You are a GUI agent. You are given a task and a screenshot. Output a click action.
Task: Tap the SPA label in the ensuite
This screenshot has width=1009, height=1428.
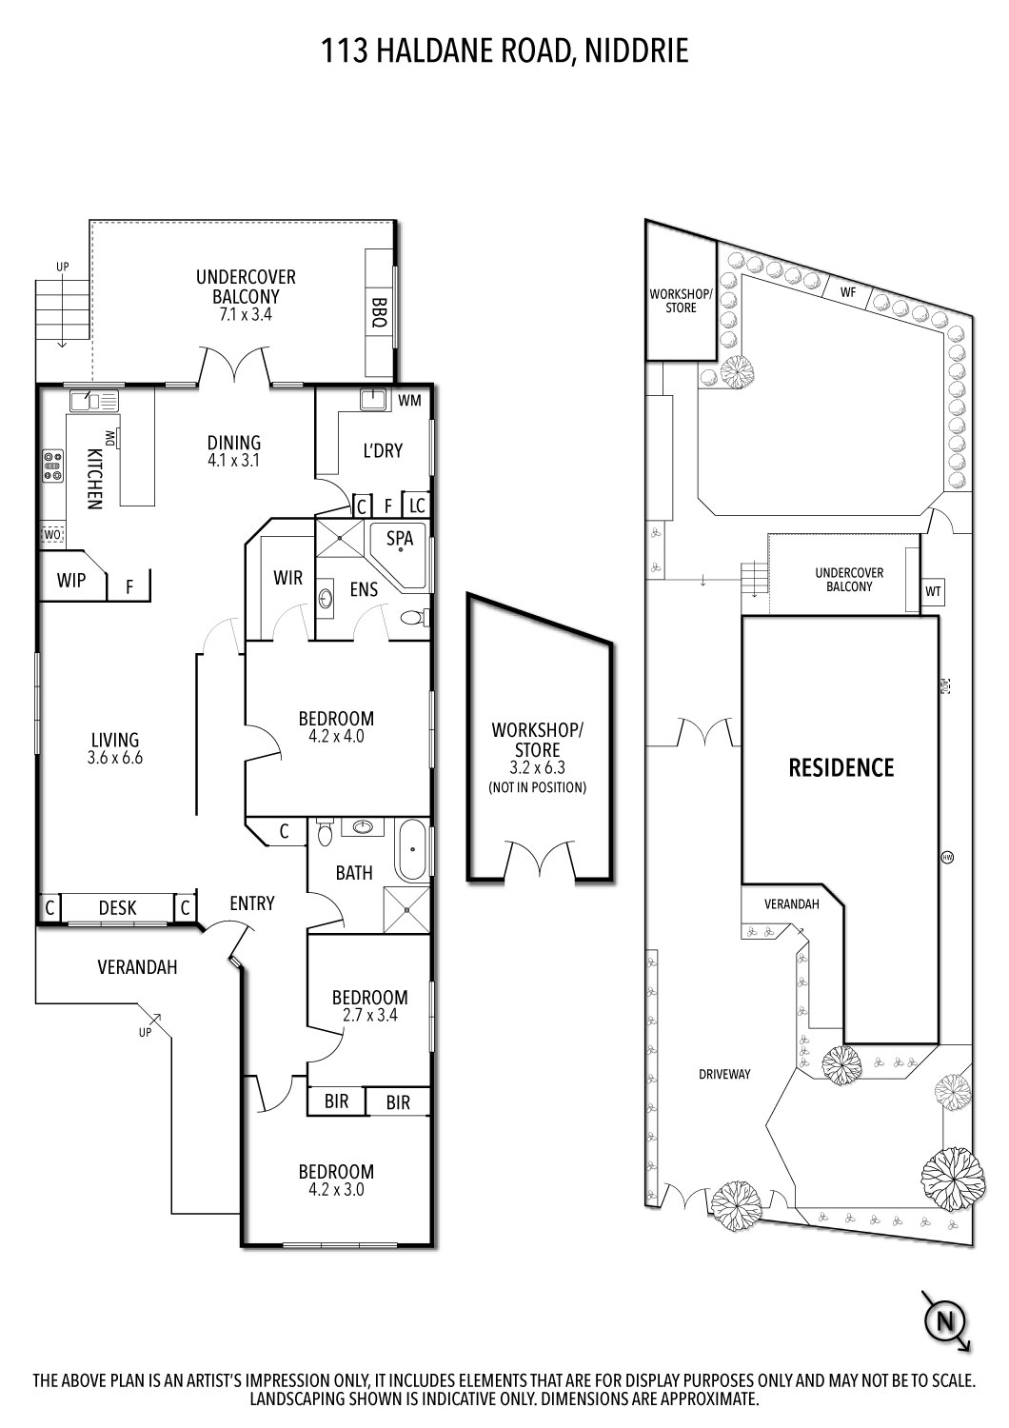click(400, 538)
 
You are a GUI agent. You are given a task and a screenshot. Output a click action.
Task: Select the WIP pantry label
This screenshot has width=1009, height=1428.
click(71, 580)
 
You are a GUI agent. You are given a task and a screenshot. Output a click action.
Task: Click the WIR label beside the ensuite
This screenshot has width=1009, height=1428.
click(287, 578)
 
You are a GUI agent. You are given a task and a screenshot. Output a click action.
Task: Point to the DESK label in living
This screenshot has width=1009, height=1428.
click(117, 908)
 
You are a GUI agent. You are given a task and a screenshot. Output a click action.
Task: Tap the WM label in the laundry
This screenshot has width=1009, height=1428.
click(409, 401)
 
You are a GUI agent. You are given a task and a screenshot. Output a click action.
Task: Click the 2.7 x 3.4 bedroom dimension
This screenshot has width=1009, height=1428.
click(369, 1015)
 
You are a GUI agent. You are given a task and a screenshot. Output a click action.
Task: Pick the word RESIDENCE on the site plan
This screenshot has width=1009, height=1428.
click(841, 767)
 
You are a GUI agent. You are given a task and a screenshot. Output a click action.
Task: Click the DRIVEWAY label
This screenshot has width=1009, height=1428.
click(724, 1074)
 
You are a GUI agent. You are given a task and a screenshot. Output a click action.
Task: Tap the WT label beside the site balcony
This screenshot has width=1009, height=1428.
click(933, 591)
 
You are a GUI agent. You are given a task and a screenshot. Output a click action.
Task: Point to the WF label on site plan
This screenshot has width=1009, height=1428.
click(848, 293)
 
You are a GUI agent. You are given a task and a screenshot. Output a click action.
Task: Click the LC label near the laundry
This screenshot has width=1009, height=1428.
click(417, 506)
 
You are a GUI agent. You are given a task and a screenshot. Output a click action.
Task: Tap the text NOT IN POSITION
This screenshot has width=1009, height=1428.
click(537, 787)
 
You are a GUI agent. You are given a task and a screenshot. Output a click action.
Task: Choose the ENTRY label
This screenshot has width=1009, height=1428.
click(252, 902)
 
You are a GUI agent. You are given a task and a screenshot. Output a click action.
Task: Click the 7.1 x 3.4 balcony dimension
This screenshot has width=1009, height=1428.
click(246, 313)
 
